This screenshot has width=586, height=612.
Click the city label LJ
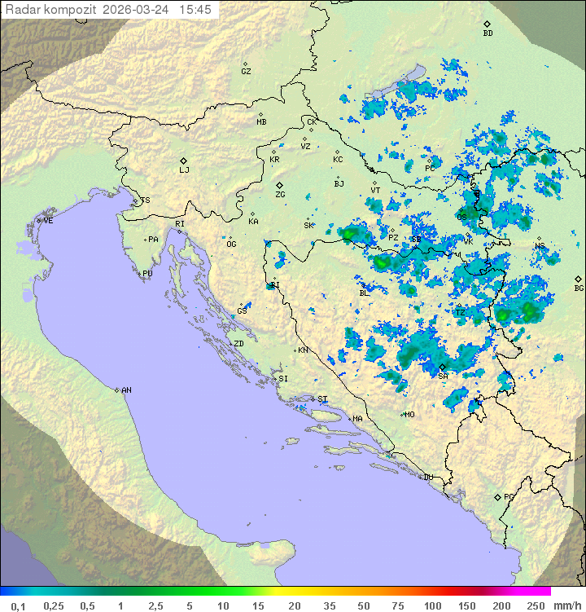tap(184, 170)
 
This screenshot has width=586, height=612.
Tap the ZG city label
tap(280, 195)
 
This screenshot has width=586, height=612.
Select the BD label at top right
tap(488, 33)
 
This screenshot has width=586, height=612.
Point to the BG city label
tap(579, 288)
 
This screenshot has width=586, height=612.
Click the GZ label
tap(246, 72)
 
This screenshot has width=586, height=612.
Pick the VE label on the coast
tap(48, 221)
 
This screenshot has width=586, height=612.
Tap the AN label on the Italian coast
tap(126, 390)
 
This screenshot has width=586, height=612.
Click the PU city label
tap(147, 274)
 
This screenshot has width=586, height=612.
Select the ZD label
tap(238, 344)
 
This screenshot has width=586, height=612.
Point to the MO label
tap(409, 414)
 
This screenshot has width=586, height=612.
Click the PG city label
tap(509, 496)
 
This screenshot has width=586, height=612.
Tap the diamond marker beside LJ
tap(184, 161)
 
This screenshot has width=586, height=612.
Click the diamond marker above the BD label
tap(487, 24)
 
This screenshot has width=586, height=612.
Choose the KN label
tap(303, 350)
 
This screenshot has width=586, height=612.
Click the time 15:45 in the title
tap(195, 10)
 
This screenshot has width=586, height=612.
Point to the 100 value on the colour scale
tap(432, 605)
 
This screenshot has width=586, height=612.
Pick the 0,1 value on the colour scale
tap(18, 605)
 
